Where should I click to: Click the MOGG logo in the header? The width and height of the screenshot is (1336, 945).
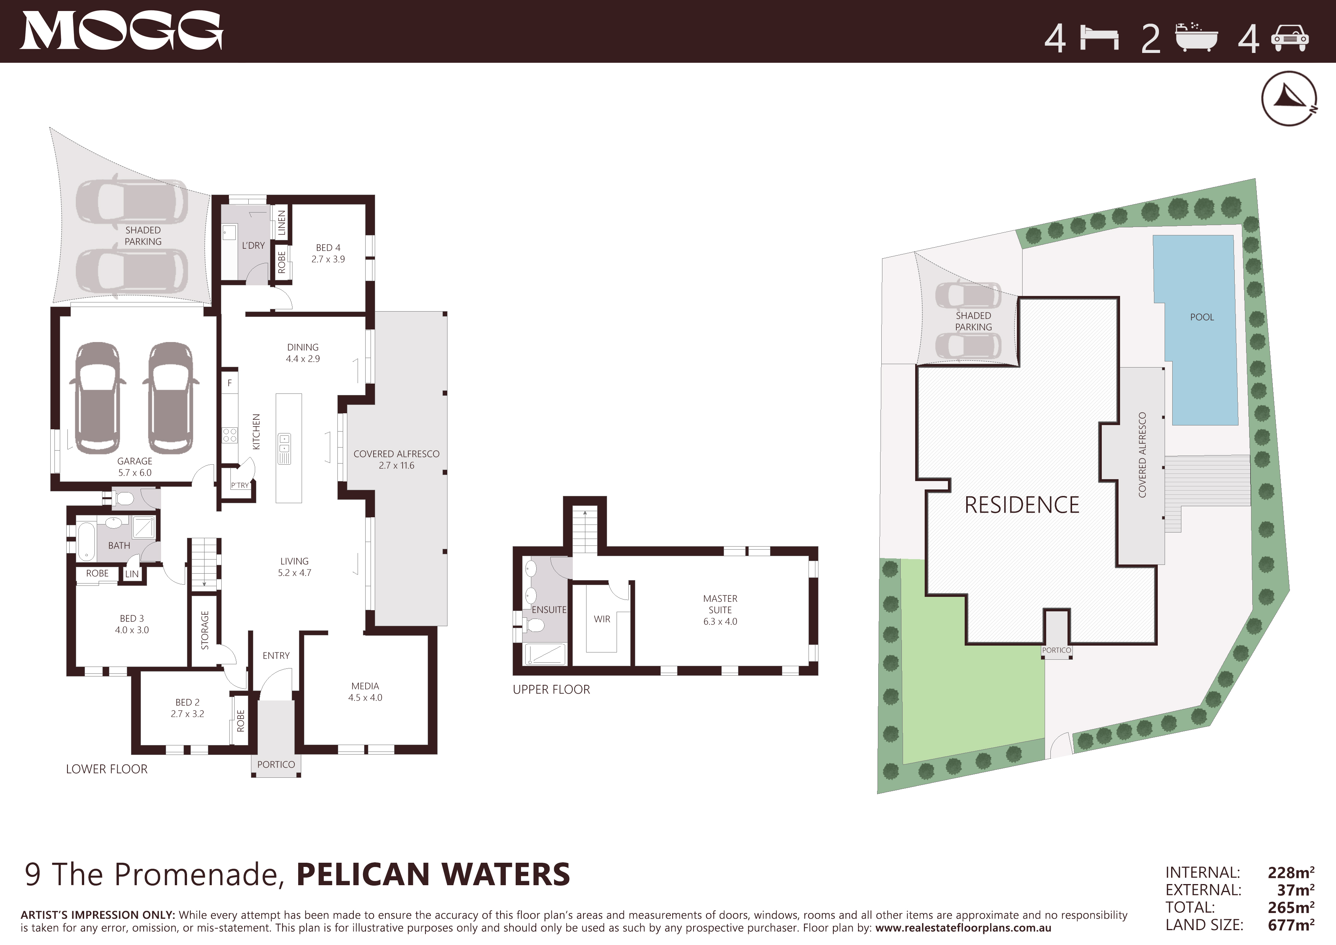pos(121,31)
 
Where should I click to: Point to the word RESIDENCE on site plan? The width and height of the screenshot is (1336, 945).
pos(1022,505)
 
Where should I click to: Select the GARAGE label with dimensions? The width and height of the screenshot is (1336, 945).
pos(134,467)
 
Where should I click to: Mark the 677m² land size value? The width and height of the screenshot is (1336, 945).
pos(1291,925)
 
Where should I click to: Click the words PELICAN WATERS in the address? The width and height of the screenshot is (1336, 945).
pos(433,875)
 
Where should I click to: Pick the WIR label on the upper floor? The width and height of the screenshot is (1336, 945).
pos(602,619)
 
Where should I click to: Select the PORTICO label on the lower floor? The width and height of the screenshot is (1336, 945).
pos(276,764)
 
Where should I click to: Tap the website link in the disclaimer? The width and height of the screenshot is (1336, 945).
pos(963,929)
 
